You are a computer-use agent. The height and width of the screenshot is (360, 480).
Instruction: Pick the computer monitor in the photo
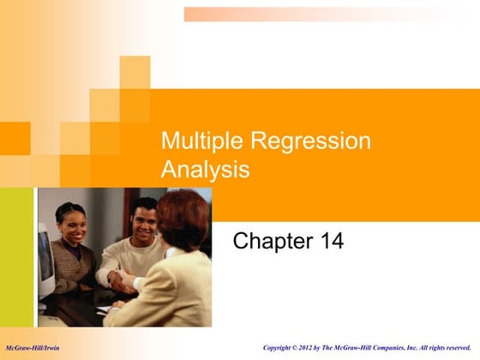click(x=45, y=257)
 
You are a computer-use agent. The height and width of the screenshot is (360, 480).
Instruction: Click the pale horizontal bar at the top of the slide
click(x=330, y=15)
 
